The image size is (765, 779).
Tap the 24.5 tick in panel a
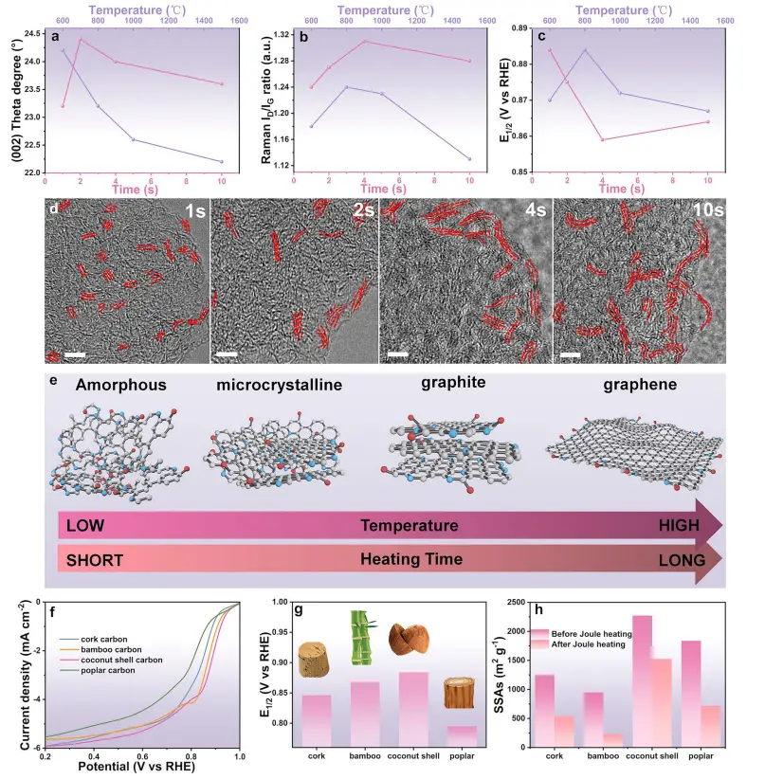click(x=29, y=33)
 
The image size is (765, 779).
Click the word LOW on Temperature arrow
click(x=86, y=525)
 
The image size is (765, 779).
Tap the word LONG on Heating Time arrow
click(x=681, y=560)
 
